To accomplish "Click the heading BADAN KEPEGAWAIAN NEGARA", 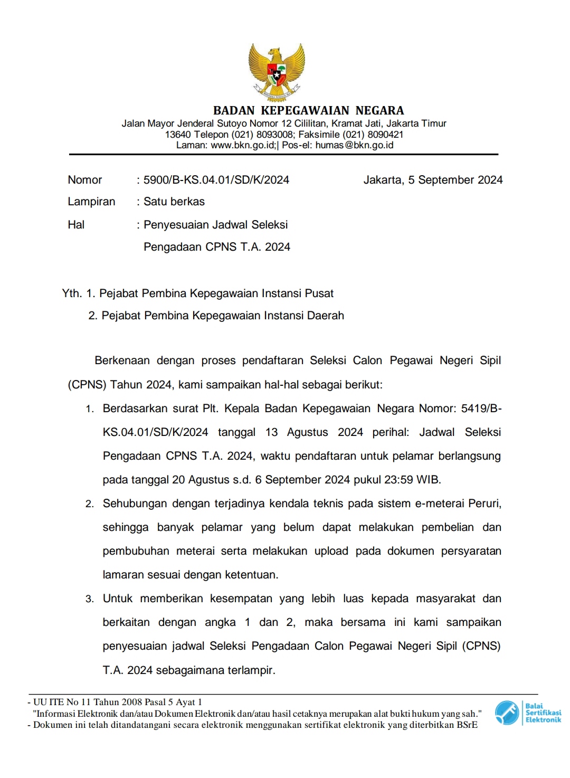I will point(308,111).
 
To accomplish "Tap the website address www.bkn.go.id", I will point(243,145).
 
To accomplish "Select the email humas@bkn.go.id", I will point(354,145).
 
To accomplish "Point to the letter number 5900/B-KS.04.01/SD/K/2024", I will point(216,180).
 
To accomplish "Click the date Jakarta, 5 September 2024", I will point(433,180).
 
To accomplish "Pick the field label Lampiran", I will point(91,202).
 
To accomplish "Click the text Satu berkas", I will point(174,202).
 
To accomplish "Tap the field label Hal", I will point(76,225).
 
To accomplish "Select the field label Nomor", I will point(85,180).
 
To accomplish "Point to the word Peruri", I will point(484,504).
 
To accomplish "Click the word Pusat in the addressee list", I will point(318,293).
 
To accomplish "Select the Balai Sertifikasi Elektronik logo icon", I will point(507,713).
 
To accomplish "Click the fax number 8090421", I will point(385,135).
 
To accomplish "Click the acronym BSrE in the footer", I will point(467,725).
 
